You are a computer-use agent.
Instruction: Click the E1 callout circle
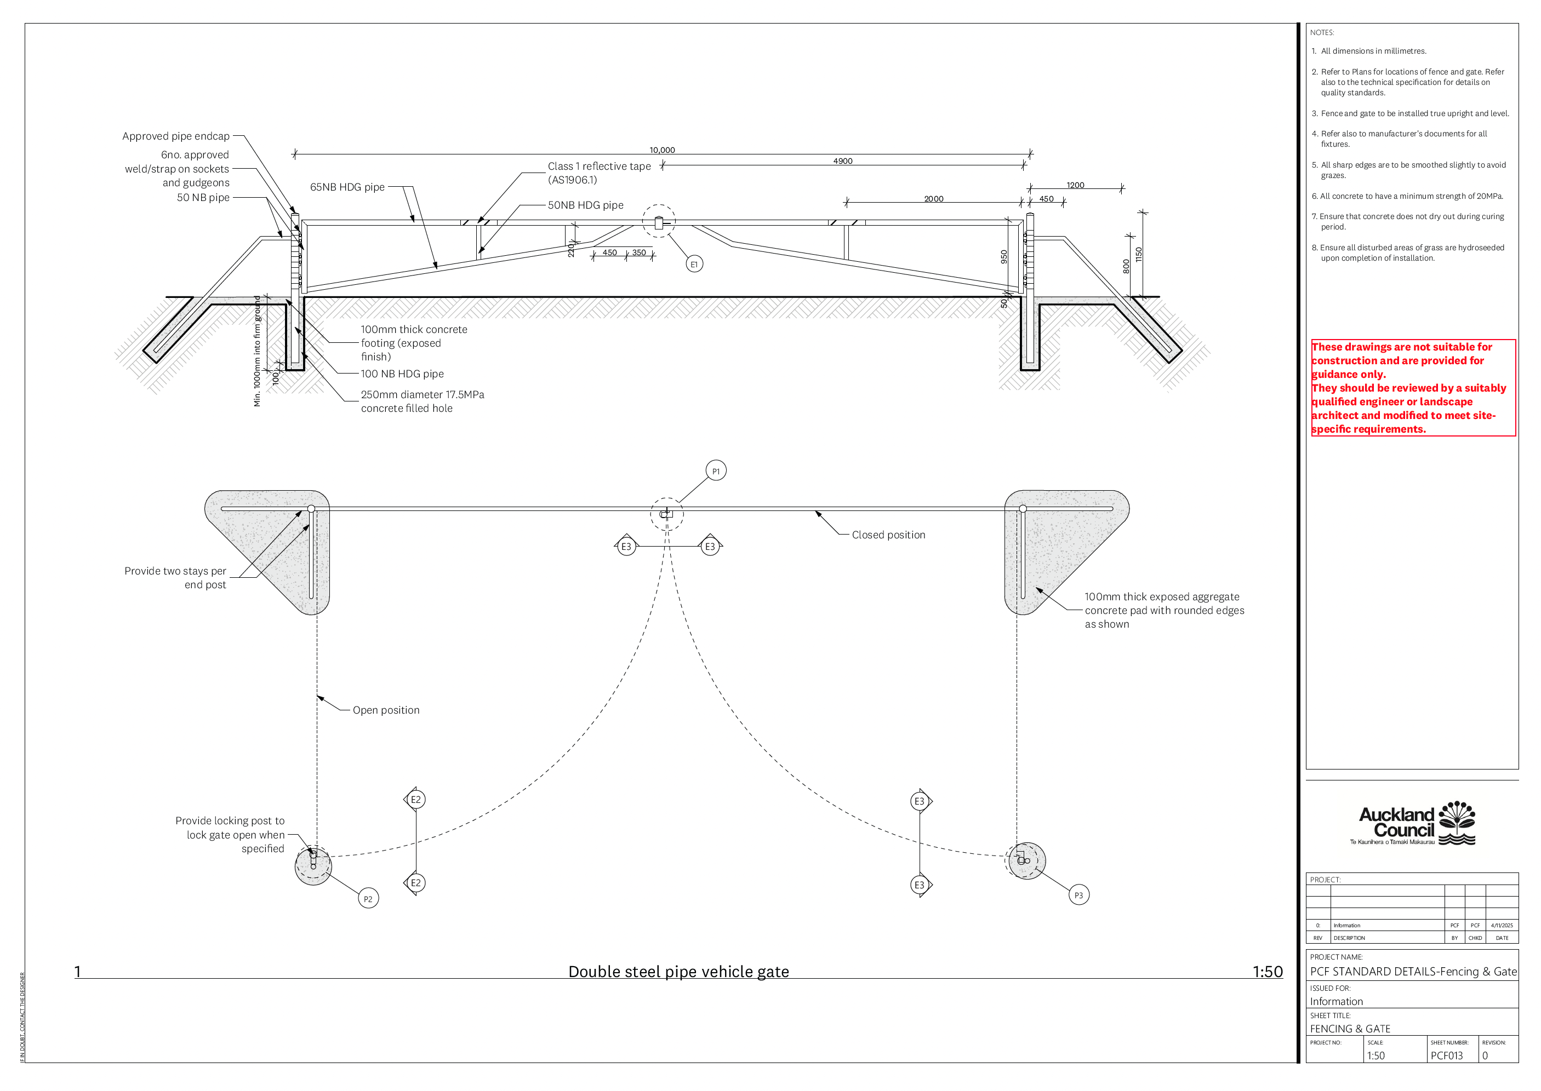694,264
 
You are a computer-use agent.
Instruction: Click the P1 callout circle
716,471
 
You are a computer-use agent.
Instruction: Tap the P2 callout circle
368,899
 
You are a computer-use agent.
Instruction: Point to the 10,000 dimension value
662,150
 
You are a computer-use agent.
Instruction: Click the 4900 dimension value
842,161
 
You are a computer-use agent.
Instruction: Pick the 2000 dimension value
933,199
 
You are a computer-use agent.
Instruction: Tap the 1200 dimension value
1075,186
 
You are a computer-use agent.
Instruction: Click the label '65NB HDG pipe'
347,187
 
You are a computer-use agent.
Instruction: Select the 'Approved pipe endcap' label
175,136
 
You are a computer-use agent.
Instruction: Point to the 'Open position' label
386,710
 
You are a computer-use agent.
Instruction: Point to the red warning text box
1413,388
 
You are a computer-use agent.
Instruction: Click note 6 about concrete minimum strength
1407,196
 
